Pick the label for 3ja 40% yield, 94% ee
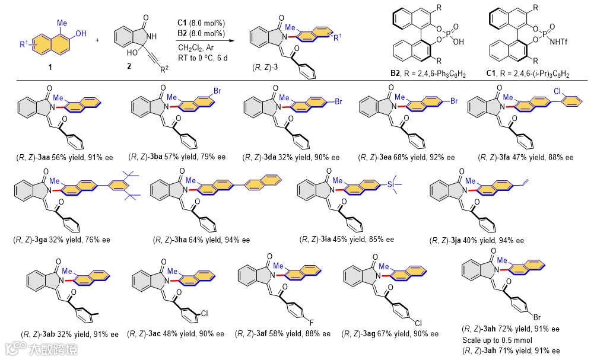477,240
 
